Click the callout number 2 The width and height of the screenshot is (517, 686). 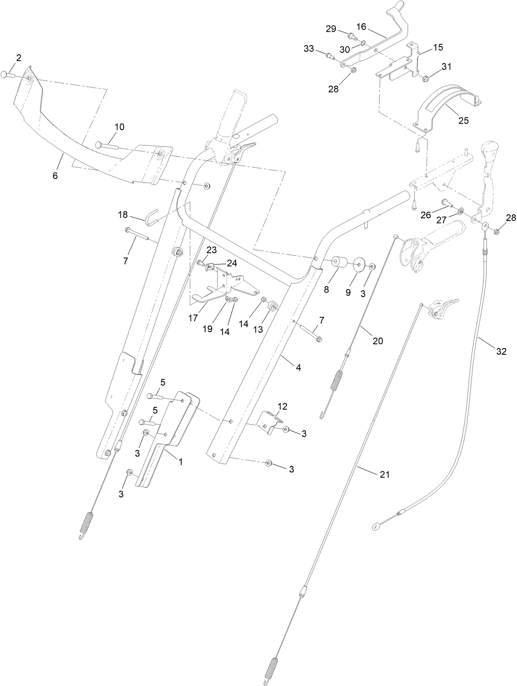click(x=19, y=58)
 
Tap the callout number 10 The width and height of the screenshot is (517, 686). click(x=120, y=127)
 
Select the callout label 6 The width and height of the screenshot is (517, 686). click(x=55, y=176)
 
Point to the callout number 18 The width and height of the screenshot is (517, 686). click(x=122, y=215)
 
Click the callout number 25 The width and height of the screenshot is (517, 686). click(x=463, y=121)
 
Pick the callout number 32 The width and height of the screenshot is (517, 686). click(x=501, y=352)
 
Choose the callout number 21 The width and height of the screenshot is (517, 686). click(x=385, y=474)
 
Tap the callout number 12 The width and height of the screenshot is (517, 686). click(x=283, y=406)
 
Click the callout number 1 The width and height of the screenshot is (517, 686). click(x=181, y=462)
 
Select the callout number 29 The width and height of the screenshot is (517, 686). click(x=331, y=28)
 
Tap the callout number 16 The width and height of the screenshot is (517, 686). click(x=361, y=27)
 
